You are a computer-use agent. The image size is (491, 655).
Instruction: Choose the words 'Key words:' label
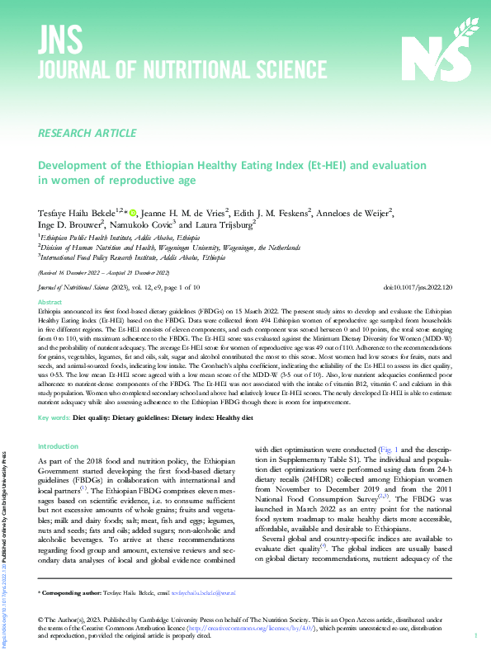(54, 417)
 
